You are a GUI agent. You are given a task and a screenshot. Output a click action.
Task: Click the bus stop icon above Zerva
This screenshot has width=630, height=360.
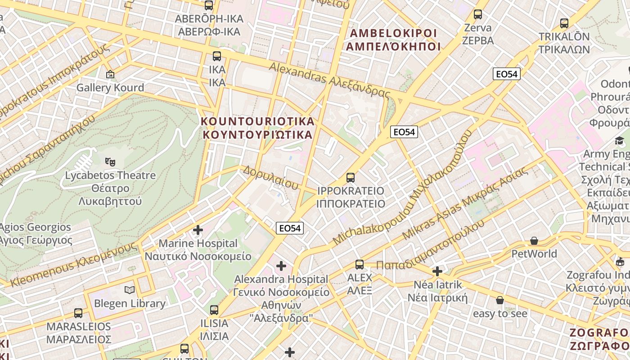tap(478, 14)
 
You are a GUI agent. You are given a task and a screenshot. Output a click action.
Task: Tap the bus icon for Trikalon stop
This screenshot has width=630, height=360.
tap(564, 23)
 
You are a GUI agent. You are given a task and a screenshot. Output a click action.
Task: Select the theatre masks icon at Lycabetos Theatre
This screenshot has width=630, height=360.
tap(110, 161)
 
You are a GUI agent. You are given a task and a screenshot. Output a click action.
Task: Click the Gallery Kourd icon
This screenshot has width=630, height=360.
tap(110, 74)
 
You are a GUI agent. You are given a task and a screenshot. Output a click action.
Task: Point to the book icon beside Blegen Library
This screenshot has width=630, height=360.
tap(130, 290)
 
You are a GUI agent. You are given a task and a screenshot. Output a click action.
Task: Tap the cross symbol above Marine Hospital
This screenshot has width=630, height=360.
tap(198, 230)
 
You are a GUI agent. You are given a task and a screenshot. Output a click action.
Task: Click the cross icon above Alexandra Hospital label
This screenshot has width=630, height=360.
tap(281, 266)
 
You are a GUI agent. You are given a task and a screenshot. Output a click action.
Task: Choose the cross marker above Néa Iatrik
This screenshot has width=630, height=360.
tap(437, 271)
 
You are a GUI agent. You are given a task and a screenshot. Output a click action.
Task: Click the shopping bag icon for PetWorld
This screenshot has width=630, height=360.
tap(534, 241)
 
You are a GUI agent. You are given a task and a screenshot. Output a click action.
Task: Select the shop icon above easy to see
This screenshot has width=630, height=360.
tap(499, 300)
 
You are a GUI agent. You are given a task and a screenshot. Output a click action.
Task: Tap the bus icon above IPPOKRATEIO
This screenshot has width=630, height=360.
tap(351, 178)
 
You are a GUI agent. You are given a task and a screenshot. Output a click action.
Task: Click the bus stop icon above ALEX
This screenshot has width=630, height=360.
tap(359, 264)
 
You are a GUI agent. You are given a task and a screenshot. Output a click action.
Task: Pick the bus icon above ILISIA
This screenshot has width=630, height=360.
tap(214, 310)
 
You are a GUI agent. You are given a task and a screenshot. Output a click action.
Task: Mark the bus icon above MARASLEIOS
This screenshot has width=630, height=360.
tap(78, 313)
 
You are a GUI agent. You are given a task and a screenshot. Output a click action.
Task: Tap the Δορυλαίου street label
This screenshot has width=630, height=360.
tap(270, 177)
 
